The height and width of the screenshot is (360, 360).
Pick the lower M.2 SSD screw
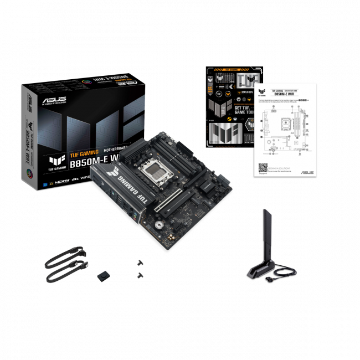(139, 275)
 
